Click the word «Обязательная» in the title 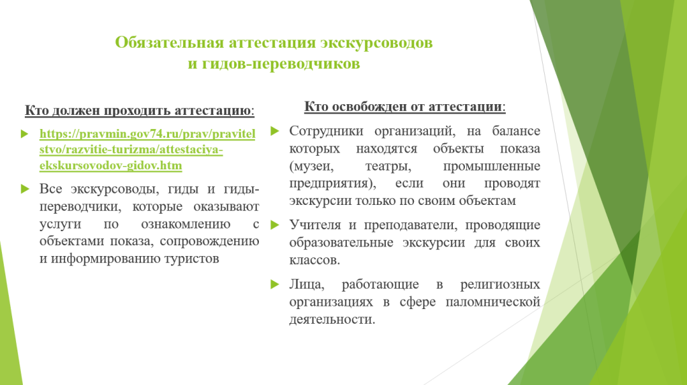171,42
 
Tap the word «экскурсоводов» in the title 376,42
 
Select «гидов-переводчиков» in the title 281,64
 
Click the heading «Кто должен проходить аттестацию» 138,110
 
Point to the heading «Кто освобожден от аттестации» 403,107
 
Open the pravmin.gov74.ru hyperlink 147,150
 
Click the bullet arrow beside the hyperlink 25,134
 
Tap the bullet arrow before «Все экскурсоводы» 25,189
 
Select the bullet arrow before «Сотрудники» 274,131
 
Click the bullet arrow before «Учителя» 274,225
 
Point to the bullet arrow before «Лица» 274,284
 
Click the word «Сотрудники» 326,131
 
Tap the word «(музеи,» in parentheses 311,166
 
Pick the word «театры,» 388,166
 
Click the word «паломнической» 493,302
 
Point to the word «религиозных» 500,284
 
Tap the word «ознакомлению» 185,224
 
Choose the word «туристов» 192,259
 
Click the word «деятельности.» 332,319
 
